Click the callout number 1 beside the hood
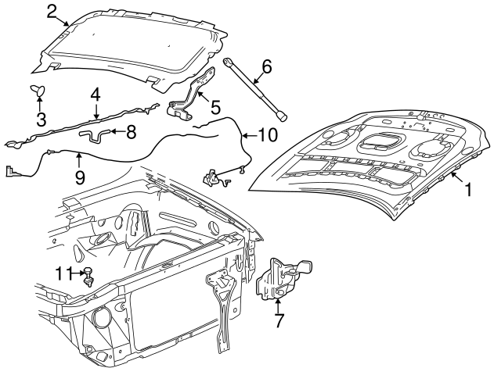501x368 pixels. (469, 189)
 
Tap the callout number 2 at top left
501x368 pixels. (52, 11)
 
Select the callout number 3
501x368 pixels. (41, 120)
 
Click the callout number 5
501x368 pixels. (215, 103)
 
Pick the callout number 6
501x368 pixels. (266, 67)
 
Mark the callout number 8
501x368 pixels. (132, 132)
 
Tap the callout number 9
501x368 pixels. (80, 177)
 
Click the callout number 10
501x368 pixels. (267, 134)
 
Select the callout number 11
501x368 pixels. (64, 273)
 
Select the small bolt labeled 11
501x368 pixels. (89, 276)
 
